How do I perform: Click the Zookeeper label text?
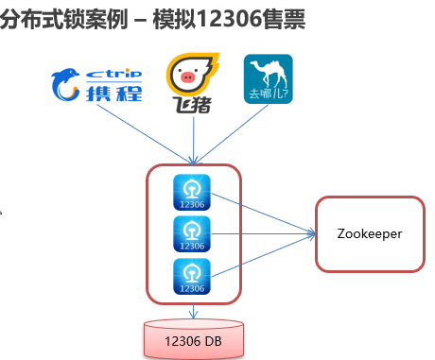click(370, 234)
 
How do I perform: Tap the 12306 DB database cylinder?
click(194, 339)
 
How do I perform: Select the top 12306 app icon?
click(192, 192)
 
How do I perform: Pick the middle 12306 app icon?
click(192, 234)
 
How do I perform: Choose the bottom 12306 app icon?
click(192, 277)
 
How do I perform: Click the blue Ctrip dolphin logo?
click(65, 84)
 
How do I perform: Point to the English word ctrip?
click(113, 74)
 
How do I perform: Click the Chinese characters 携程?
click(114, 94)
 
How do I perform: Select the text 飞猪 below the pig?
click(192, 104)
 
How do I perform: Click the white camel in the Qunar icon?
click(269, 74)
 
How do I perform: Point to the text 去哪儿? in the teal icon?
click(269, 94)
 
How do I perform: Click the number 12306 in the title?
click(230, 19)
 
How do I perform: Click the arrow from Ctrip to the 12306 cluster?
click(145, 134)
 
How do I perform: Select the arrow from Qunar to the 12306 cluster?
click(231, 134)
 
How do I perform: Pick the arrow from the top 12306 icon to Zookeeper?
click(263, 214)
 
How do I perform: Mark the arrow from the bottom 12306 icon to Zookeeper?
click(263, 255)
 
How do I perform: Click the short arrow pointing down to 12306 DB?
click(193, 311)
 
